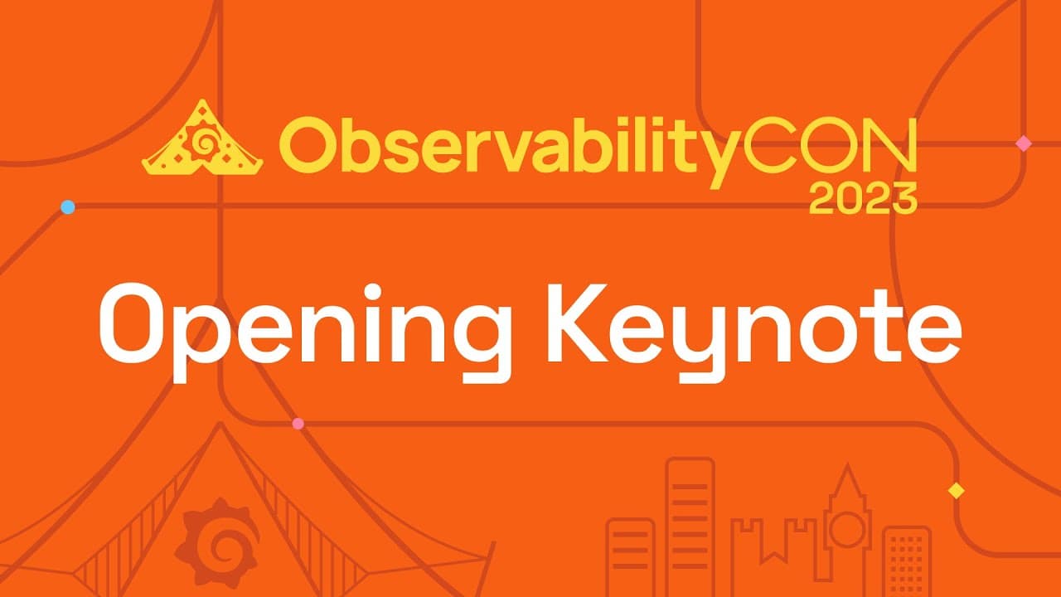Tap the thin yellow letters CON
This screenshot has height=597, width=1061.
coord(830,144)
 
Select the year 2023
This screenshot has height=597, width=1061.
coord(863,198)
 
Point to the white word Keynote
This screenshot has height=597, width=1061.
coord(754,332)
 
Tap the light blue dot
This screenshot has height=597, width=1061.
coord(68,207)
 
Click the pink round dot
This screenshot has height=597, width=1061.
coord(298,424)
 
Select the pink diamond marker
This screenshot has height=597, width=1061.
coord(1024,143)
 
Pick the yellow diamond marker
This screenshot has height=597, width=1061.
coord(957,490)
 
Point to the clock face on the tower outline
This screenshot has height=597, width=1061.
coord(847,529)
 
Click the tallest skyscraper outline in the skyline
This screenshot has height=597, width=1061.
coord(690,526)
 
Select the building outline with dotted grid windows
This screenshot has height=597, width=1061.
coord(906,562)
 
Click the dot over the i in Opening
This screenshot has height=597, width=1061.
coord(373,291)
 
